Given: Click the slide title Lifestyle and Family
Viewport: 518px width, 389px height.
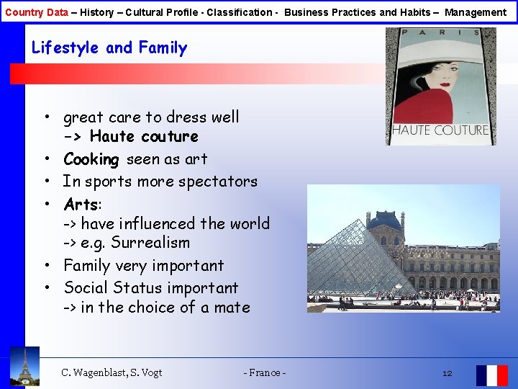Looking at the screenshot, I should click(109, 48).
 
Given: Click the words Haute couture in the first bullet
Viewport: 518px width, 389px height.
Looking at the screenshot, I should click(144, 137).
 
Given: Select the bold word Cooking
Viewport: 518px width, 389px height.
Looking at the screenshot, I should click(91, 159).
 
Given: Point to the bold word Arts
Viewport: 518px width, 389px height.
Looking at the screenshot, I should click(81, 204).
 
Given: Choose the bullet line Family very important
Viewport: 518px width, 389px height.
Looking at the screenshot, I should click(143, 266).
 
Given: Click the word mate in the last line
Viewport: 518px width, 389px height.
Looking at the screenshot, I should click(232, 308).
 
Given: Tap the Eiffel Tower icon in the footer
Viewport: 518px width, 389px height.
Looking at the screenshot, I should click(25, 367).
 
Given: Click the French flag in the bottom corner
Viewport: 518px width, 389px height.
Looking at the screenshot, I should click(491, 375).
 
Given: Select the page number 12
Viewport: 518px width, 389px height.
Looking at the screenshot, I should click(447, 373).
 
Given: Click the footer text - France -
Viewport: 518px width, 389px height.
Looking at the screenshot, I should click(265, 373).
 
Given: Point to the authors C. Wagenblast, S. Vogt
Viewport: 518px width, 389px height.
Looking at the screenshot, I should click(112, 373).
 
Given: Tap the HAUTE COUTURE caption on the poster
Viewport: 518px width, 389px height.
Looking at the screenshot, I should click(440, 130).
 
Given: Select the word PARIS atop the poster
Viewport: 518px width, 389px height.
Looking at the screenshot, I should click(441, 32).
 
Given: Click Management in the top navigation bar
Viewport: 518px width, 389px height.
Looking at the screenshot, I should click(476, 12).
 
